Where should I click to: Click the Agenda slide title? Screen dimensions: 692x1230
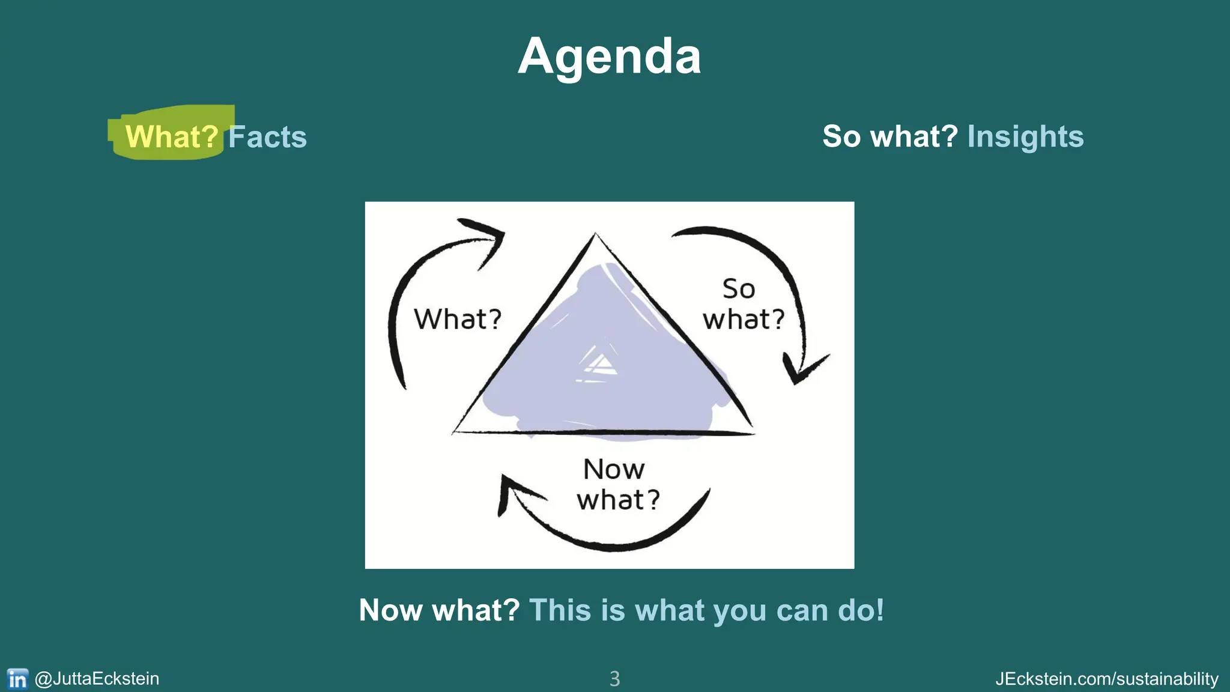[x=609, y=56]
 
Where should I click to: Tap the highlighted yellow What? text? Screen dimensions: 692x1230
[x=171, y=137]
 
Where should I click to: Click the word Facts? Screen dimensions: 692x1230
[x=268, y=137]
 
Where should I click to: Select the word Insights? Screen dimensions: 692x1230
[x=1025, y=136]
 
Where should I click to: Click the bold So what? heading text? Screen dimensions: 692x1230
[x=889, y=136]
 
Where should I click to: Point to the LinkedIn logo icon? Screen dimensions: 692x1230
[x=17, y=679]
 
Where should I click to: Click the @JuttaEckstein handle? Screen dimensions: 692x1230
[x=97, y=679]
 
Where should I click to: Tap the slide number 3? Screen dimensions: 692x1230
[x=614, y=679]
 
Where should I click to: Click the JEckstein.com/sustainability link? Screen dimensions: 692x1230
[x=1106, y=679]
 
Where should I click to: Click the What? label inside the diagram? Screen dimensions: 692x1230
[x=458, y=319]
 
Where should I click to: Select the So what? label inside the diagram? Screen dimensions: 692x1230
[x=743, y=305]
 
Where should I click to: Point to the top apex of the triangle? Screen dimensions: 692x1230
[x=595, y=235]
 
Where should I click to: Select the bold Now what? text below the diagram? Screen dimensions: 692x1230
[x=439, y=610]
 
